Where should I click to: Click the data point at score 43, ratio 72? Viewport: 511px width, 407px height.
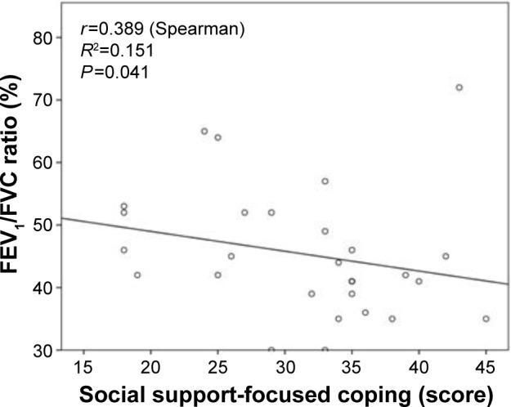click(459, 87)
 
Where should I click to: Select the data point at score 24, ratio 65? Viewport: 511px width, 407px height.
click(204, 131)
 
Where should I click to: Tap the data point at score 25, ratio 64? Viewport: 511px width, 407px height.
click(217, 137)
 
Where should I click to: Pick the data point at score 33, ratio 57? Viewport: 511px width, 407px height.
click(325, 181)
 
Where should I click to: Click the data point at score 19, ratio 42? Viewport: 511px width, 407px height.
click(137, 275)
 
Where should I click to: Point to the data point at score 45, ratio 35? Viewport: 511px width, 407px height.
click(486, 319)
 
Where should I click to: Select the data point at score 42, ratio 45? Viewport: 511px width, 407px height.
click(446, 256)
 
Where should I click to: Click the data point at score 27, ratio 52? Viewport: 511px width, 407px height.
click(244, 212)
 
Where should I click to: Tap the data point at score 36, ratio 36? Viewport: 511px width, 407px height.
click(365, 312)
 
